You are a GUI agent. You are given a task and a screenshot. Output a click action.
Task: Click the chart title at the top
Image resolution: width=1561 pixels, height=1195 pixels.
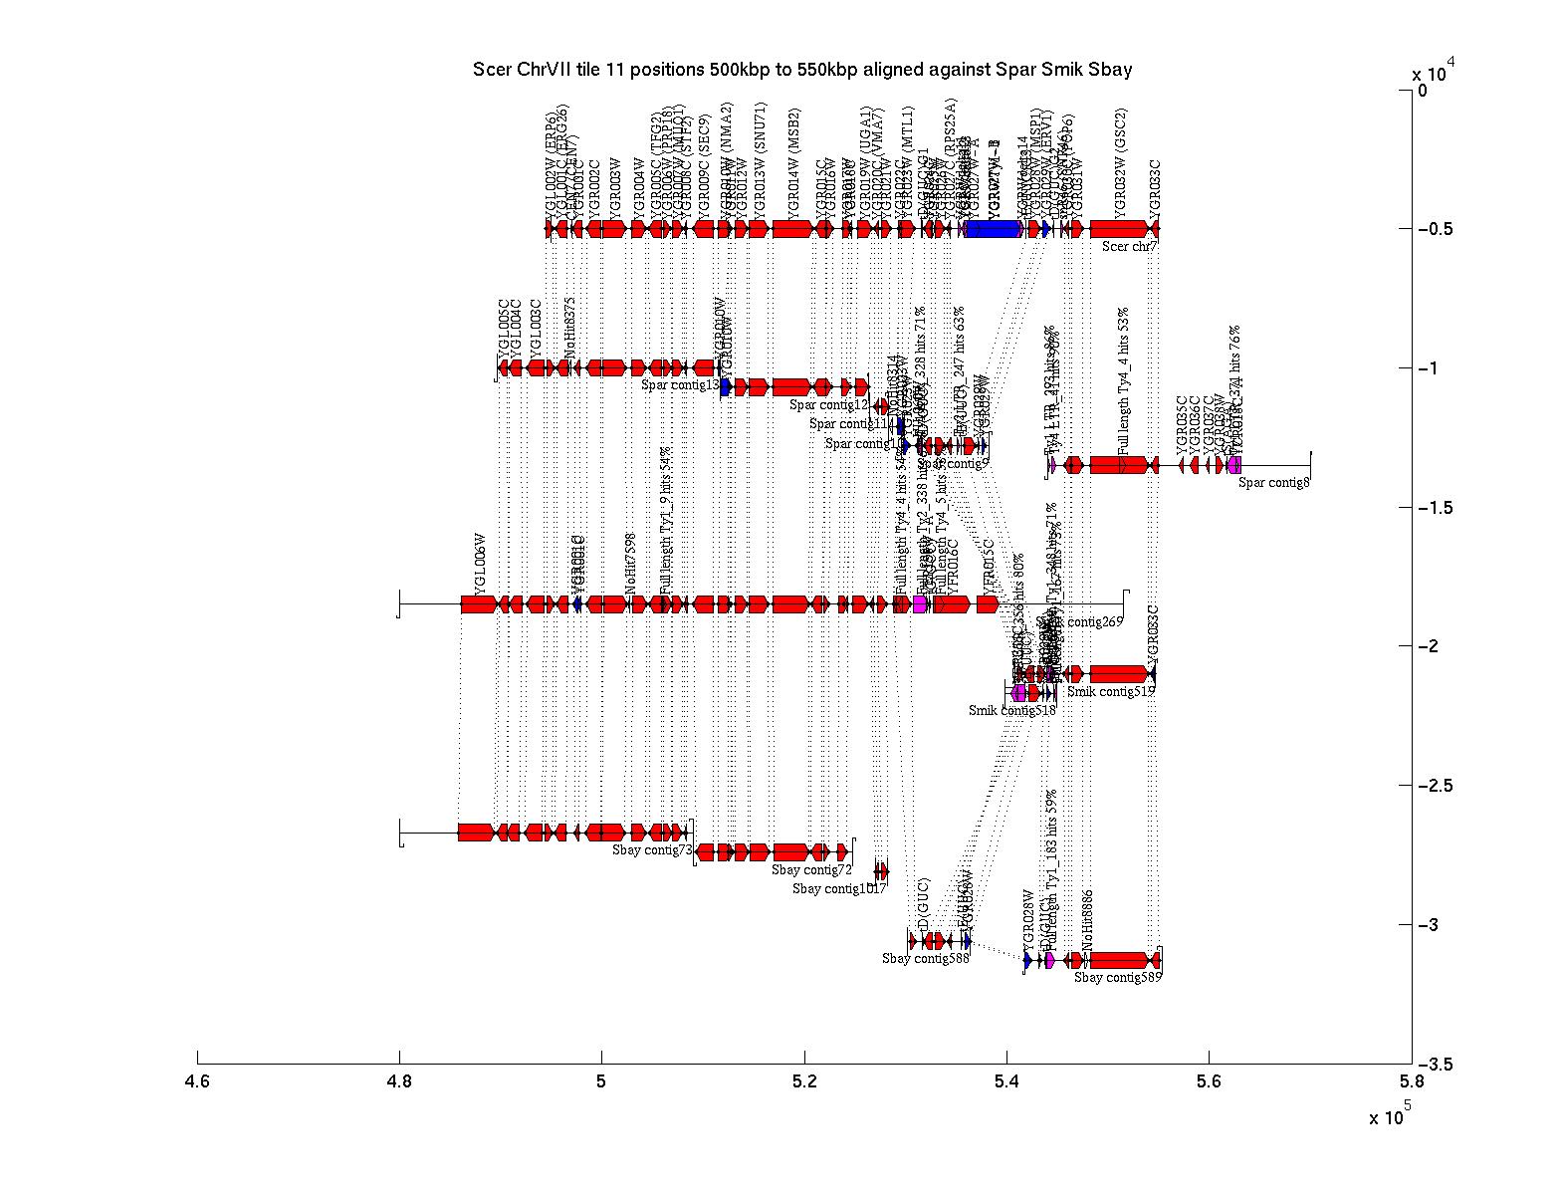coord(802,70)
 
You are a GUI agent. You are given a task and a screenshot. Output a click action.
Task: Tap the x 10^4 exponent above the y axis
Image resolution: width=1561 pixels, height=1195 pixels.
coord(1434,72)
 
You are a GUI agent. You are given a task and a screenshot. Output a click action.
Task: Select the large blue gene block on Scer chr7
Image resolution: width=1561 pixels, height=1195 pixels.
coord(993,229)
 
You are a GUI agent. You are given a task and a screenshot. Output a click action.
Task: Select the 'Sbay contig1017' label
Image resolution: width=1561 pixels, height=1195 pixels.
coord(838,889)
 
